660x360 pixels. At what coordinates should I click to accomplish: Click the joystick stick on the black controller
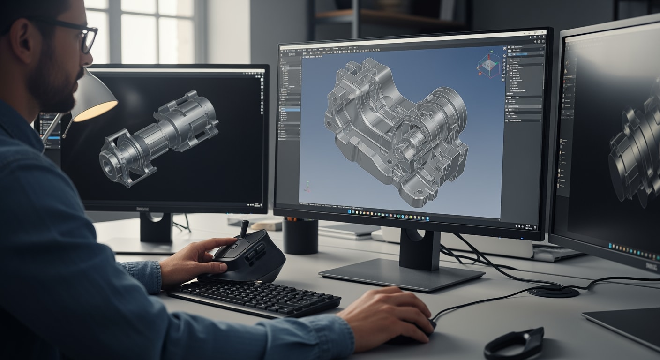244,228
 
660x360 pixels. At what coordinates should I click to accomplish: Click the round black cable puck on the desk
553,291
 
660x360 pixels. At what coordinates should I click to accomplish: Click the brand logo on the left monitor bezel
143,209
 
